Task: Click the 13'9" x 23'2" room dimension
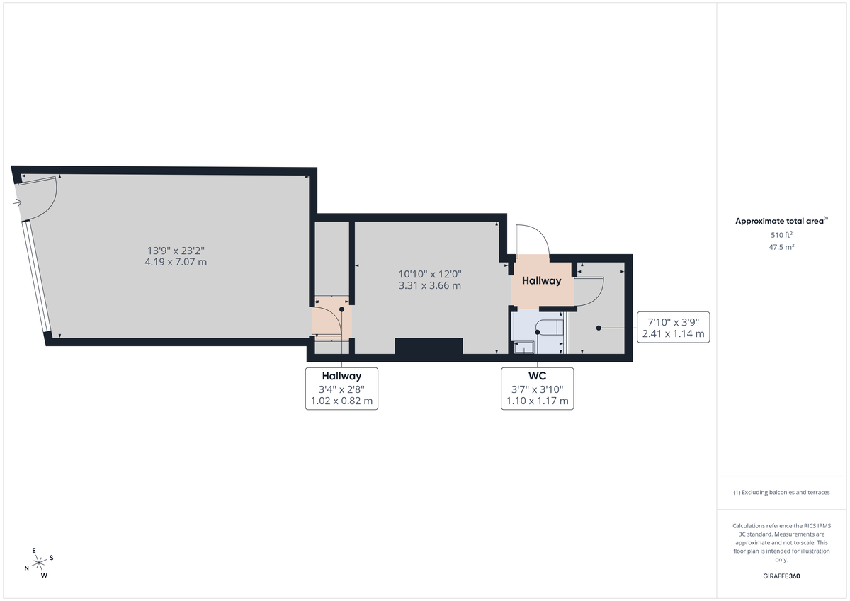coord(176,250)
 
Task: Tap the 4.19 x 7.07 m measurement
coord(176,262)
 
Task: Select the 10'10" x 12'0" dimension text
coord(430,274)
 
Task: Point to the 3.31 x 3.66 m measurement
coord(430,286)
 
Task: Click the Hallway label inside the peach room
coord(542,281)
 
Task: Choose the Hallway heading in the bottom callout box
coord(341,377)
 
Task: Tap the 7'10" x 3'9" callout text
coord(673,321)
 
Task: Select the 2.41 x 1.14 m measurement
coord(673,333)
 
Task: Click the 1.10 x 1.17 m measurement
coord(537,401)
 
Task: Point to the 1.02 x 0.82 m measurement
coord(341,401)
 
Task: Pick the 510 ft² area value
coord(781,234)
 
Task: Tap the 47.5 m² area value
coord(781,247)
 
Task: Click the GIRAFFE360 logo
coord(781,576)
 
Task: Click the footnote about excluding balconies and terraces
coord(781,492)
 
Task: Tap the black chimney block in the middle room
coord(429,346)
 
